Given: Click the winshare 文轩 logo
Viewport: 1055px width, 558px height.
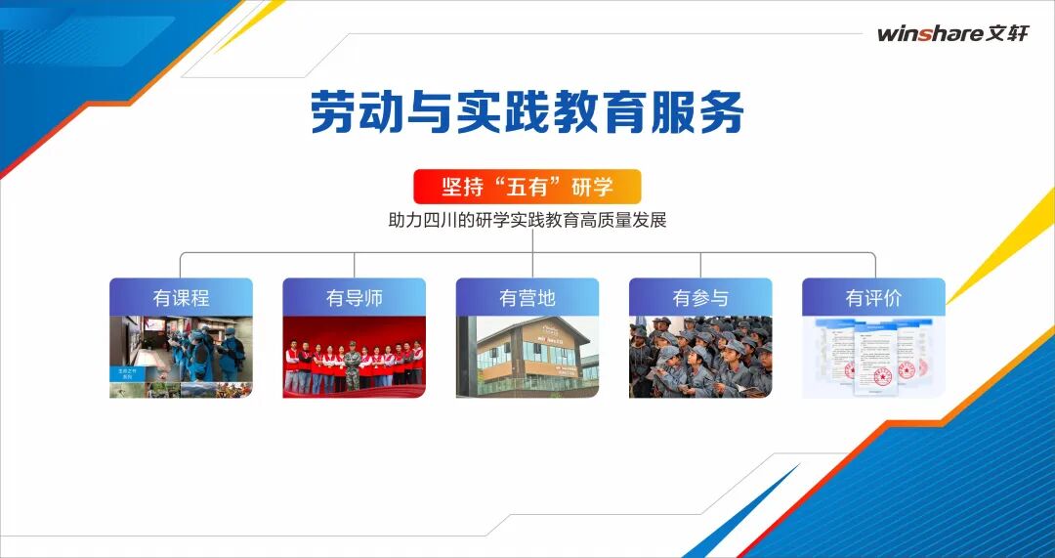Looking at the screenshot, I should (952, 33).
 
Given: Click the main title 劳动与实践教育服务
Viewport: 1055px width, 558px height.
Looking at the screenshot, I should (527, 112).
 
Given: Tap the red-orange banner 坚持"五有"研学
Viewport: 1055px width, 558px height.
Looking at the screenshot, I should (527, 187).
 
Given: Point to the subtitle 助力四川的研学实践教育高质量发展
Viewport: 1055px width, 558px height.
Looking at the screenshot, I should (527, 220).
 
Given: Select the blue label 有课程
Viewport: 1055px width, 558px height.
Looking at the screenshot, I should (181, 297).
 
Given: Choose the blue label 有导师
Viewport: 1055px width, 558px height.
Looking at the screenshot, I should (354, 297).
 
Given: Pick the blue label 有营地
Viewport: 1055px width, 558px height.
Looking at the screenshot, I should (527, 297).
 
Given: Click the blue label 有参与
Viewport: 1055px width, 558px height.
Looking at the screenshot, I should (700, 297).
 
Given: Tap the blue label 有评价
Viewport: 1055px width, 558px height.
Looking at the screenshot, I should (873, 297).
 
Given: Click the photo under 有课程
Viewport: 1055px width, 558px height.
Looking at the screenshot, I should (181, 357).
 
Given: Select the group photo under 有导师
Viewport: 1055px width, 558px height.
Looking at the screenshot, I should (354, 357).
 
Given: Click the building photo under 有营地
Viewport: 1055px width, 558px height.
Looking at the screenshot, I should (527, 357).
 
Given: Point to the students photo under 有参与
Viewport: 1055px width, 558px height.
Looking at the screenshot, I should (700, 357).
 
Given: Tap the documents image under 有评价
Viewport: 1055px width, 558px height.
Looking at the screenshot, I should (873, 357).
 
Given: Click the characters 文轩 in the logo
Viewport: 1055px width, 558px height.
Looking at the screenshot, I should (1007, 33).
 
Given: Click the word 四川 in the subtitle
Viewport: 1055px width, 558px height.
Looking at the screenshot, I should (446, 220).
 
